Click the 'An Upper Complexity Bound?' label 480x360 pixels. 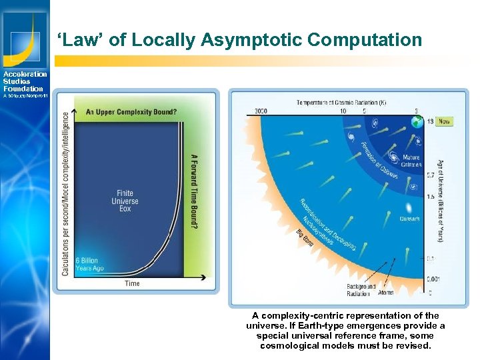131,111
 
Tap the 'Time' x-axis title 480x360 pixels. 133,283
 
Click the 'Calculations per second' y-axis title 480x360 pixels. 66,193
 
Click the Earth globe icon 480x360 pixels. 417,122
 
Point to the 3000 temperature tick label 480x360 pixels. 261,111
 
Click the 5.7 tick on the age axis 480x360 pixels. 431,175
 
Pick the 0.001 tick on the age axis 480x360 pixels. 434,279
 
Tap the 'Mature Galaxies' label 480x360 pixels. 411,161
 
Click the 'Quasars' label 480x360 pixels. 410,218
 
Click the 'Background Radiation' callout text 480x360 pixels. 361,290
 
